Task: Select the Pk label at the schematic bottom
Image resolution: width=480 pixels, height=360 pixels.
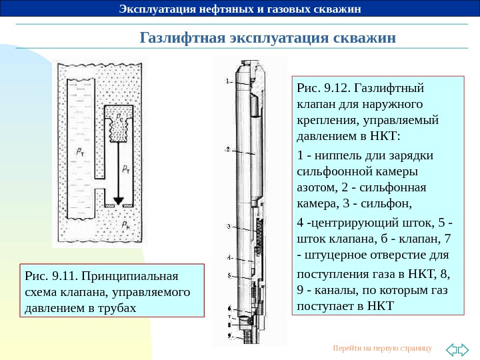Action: coord(127,225)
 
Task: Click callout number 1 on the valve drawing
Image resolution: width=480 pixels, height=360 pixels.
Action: coord(228,81)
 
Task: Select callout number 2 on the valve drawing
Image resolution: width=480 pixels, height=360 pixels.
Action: coord(228,149)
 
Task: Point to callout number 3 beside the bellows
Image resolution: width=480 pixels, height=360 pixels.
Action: coord(228,227)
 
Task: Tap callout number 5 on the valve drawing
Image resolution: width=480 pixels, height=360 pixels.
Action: coord(228,275)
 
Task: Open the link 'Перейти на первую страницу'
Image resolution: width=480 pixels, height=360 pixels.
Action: coord(382,349)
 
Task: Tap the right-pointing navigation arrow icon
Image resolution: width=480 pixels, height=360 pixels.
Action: coord(465,349)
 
